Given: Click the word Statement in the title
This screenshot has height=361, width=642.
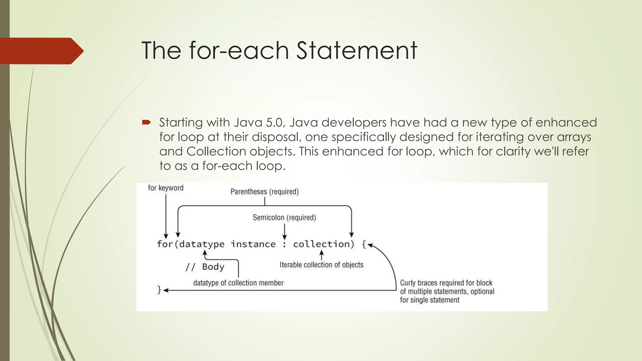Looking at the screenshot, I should [x=356, y=50].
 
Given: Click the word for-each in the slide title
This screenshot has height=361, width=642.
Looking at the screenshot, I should [x=239, y=50].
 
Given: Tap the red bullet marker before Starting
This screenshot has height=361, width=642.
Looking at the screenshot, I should [x=146, y=122].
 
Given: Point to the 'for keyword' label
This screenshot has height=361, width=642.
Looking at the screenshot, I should [x=166, y=188].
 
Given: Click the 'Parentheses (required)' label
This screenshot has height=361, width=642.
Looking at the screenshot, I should [x=265, y=191].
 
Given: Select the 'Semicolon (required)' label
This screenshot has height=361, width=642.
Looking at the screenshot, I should [x=284, y=217].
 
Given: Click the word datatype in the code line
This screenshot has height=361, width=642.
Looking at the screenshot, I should [x=202, y=244].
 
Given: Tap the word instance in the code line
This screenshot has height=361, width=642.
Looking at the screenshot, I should [x=253, y=244].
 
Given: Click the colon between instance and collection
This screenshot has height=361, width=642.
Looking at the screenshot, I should [x=284, y=244].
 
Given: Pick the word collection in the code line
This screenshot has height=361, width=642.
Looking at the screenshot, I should [x=321, y=244].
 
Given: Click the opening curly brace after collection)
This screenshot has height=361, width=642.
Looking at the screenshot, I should [x=364, y=244].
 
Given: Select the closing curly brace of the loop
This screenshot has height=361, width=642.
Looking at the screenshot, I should [x=159, y=290].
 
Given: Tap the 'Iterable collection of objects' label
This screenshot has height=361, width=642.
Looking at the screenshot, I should [x=321, y=265].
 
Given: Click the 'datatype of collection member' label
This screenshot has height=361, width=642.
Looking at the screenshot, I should [x=238, y=283].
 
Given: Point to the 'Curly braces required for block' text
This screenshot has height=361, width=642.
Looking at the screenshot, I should [x=446, y=283].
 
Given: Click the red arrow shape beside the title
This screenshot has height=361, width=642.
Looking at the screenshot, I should [x=41, y=51].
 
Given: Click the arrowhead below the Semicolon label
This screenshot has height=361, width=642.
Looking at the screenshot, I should [x=284, y=237].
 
